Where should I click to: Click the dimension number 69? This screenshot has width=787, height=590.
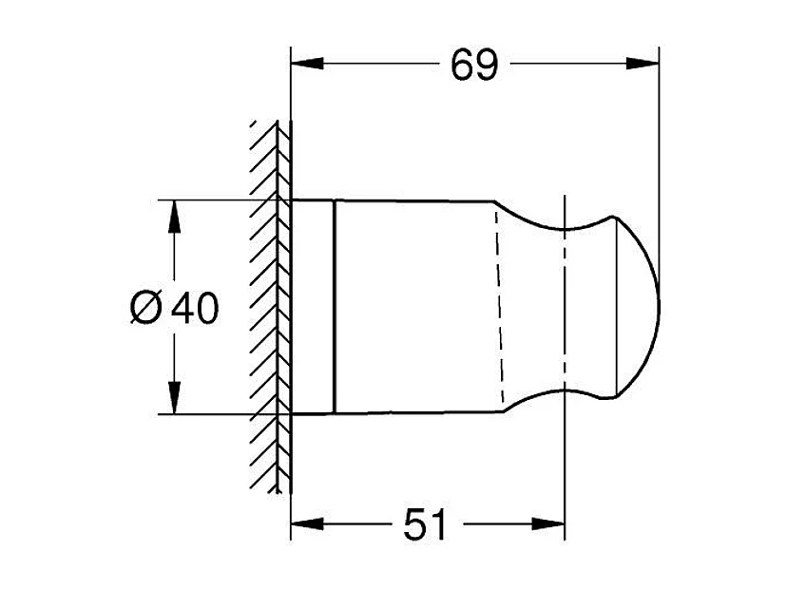(474, 65)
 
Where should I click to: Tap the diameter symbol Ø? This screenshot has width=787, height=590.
(146, 309)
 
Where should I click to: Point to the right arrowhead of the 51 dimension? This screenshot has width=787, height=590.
(552, 523)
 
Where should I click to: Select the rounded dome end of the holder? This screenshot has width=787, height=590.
(639, 308)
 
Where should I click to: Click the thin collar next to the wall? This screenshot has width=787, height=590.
(313, 308)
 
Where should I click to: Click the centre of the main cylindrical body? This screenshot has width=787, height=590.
(414, 308)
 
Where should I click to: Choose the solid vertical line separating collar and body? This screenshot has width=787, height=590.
(335, 308)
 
